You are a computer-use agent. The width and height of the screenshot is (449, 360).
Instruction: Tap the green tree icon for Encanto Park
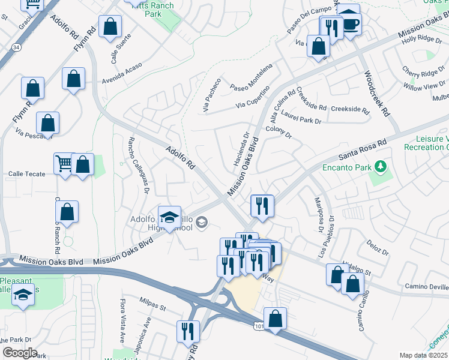380,166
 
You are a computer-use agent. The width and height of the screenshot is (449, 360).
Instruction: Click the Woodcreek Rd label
376,95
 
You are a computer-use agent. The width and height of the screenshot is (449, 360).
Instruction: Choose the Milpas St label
152,308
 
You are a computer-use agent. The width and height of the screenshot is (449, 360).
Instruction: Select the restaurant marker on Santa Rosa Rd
262,206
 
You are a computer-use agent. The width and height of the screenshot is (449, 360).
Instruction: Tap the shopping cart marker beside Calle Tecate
65,163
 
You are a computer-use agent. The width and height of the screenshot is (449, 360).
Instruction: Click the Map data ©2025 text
424,355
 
